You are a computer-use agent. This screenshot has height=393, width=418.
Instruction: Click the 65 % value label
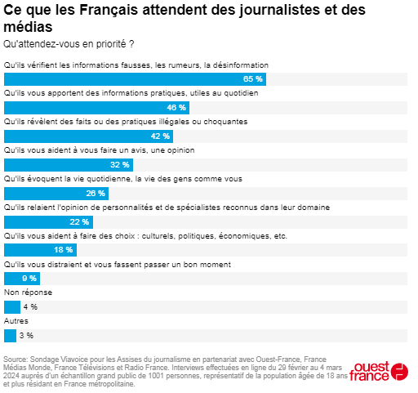tap(253, 79)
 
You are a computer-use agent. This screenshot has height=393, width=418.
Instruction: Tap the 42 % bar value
tap(161, 136)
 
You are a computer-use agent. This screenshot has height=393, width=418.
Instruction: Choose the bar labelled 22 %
tap(48, 221)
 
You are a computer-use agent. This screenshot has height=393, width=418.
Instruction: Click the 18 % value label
tap(64, 250)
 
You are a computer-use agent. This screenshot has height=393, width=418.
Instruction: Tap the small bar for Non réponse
tap(11, 307)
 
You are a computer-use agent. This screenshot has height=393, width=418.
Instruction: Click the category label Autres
tap(16, 322)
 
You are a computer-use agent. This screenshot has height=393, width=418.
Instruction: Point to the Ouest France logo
tap(379, 372)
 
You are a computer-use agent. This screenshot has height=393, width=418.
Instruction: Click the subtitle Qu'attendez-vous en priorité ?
tap(69, 42)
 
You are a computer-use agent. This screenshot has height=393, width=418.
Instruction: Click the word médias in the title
tap(26, 27)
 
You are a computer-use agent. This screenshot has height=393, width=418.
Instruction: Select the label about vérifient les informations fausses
tap(136, 65)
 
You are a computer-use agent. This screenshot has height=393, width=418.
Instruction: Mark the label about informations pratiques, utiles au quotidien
tap(131, 93)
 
